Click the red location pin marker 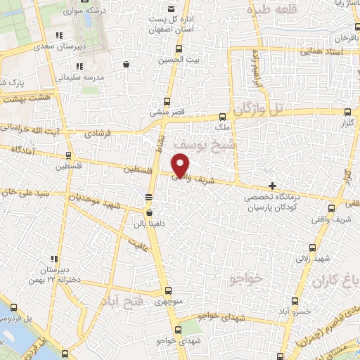181,165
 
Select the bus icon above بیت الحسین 179,49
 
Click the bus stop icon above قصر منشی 167,101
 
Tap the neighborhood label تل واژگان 262,110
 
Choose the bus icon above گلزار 348,112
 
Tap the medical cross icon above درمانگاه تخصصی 272,185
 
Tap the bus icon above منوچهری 168,290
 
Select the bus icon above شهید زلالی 314,247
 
